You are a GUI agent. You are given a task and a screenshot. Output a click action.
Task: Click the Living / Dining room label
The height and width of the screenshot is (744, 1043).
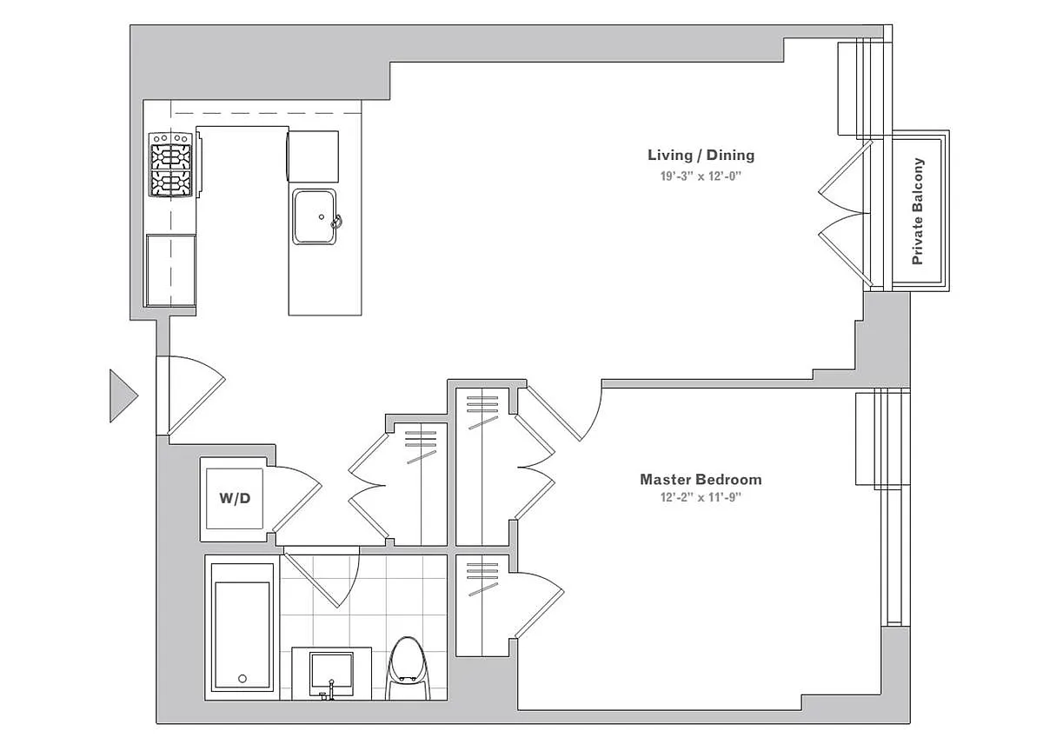[701, 155]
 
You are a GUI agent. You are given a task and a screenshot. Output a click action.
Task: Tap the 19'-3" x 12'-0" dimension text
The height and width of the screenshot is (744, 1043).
[701, 176]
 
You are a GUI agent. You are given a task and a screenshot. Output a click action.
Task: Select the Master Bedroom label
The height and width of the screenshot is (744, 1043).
[701, 480]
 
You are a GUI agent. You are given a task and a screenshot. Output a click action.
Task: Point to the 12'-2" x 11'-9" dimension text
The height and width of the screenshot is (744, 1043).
[701, 498]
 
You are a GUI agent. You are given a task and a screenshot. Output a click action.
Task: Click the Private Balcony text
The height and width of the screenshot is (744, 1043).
[918, 211]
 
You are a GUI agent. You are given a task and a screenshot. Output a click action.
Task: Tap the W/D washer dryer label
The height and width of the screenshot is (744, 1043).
[235, 499]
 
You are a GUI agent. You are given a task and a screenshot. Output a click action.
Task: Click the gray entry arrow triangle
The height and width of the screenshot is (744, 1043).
[123, 395]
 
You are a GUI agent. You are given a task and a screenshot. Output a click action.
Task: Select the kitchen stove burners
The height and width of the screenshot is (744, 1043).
[170, 165]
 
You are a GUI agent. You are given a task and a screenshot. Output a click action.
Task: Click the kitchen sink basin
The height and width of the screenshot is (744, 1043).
[315, 216]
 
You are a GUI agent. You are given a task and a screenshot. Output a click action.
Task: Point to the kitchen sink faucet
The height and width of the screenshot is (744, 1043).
[336, 223]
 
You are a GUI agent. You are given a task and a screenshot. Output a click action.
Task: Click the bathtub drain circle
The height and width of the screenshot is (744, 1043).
[242, 679]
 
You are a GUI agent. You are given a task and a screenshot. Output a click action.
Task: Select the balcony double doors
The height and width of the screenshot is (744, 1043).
[845, 213]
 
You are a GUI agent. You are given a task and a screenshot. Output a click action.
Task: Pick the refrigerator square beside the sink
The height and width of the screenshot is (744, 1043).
[313, 156]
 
